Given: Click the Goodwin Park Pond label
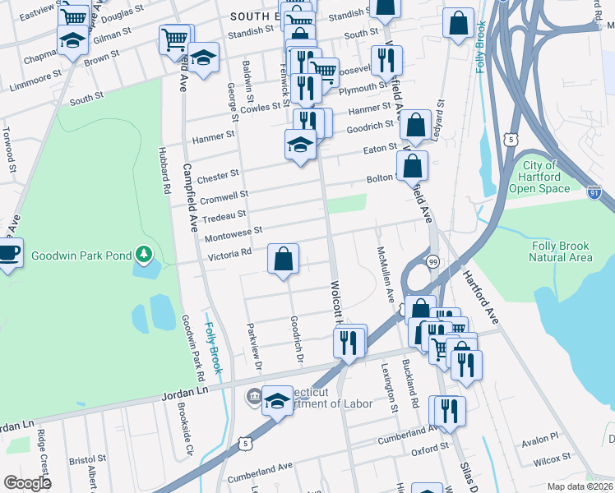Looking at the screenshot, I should coord(81,256).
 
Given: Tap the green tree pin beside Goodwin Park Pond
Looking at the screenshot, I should coord(145,254).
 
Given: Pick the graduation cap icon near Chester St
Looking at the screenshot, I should coord(301,145).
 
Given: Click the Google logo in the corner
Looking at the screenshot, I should coord(28,482).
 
